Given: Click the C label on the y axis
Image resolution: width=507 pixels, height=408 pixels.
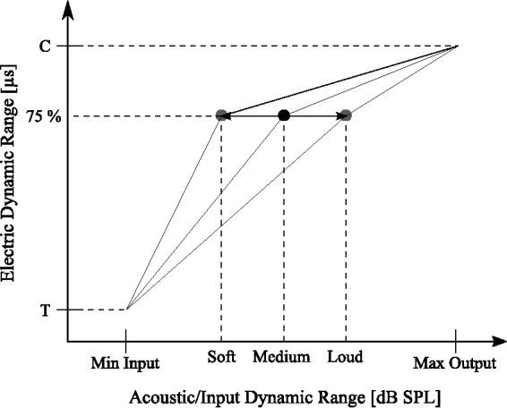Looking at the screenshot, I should [45, 46].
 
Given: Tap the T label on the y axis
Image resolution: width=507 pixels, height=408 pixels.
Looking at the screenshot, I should [45, 310].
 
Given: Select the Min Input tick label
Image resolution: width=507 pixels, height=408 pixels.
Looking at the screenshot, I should [125, 363].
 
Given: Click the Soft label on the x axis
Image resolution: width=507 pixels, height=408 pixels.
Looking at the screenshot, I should [221, 357].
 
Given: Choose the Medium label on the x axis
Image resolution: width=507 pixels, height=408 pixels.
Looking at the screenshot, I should [281, 357].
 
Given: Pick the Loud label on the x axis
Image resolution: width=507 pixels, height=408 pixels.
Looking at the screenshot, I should [345, 357].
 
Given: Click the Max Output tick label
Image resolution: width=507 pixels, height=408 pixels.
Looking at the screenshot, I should [454, 363].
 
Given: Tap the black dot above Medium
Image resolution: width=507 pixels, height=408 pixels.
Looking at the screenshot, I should [284, 115].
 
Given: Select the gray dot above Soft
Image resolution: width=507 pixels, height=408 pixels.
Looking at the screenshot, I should [221, 115].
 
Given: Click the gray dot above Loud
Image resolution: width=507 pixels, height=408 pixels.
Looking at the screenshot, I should [346, 115].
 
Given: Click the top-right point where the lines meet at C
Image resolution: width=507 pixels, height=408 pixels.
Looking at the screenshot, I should [458, 46].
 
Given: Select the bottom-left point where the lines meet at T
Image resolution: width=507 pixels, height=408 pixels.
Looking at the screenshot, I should [127, 310].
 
